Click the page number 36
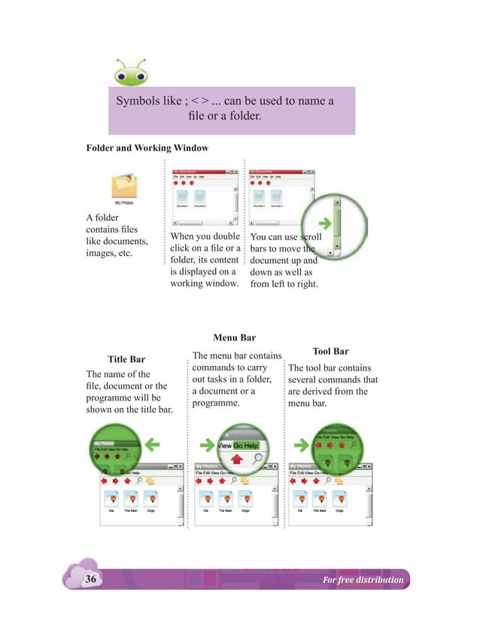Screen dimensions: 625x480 (x=91, y=579)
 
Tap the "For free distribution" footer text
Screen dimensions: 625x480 (x=363, y=580)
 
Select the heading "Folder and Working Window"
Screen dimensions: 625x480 (x=147, y=148)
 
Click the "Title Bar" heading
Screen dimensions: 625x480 (x=126, y=359)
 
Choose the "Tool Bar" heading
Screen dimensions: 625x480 (x=330, y=351)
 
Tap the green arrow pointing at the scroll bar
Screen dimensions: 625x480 (x=324, y=223)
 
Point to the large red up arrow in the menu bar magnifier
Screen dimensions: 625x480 (x=238, y=459)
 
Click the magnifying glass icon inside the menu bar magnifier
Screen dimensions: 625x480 (x=259, y=459)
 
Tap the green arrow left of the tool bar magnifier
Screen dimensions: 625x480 (x=301, y=446)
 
